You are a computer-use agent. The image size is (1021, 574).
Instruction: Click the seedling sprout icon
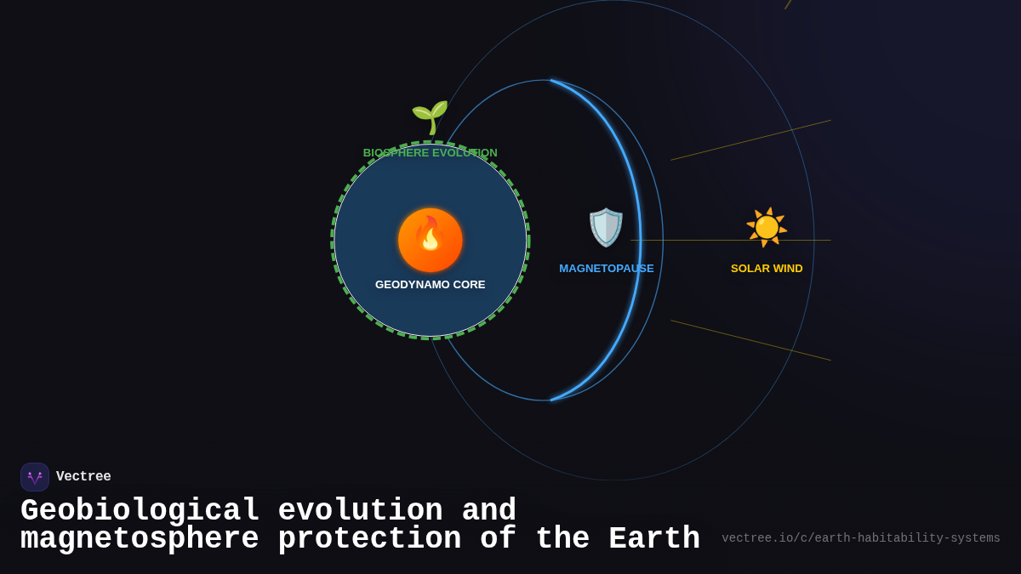pos(430,117)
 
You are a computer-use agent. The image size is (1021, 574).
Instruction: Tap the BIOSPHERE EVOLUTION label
pos(430,153)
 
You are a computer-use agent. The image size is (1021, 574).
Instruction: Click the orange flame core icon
pos(431,240)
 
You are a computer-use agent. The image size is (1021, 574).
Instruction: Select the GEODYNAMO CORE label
pos(431,285)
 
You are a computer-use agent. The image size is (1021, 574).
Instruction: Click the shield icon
pos(606,227)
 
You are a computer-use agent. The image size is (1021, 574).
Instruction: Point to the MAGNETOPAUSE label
pos(607,269)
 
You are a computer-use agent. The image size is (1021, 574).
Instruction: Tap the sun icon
pos(767,227)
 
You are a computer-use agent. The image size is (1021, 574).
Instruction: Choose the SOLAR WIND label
pos(767,269)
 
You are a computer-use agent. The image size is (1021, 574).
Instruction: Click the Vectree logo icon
pos(35,477)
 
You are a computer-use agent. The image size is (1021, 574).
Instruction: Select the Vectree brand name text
pos(83,477)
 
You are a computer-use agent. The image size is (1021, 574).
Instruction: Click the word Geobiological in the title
pos(140,511)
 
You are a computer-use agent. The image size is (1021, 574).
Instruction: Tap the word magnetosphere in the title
pos(140,540)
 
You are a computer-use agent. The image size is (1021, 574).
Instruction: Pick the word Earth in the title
pos(654,540)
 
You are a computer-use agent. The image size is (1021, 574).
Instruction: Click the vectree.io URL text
pos(861,538)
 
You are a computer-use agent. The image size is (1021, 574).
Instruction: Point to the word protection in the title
pos(370,540)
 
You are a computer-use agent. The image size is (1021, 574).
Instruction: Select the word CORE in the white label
pos(470,285)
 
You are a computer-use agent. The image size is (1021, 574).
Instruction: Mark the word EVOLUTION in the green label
pos(465,153)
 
